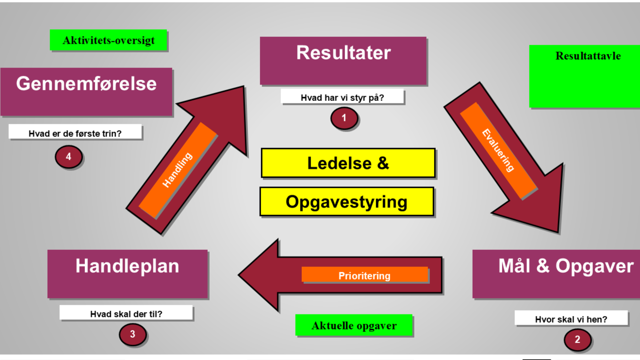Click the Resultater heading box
point(343,61)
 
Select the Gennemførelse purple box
point(86,91)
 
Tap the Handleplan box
point(127,274)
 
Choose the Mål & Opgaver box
point(556,274)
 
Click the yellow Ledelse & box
point(348,163)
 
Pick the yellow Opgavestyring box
point(346,201)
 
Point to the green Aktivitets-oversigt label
point(109,40)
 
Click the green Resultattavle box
point(584,76)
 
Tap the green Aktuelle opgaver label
point(354,326)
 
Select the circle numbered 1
point(344,118)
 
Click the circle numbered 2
point(577,340)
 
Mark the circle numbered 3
point(132,334)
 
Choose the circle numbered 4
point(68,157)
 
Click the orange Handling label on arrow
point(178,170)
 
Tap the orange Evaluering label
point(498,150)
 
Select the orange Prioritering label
point(364,275)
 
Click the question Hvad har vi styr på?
point(342,97)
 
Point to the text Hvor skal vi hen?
point(571,319)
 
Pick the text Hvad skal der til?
point(126,313)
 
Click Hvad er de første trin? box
point(75,132)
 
